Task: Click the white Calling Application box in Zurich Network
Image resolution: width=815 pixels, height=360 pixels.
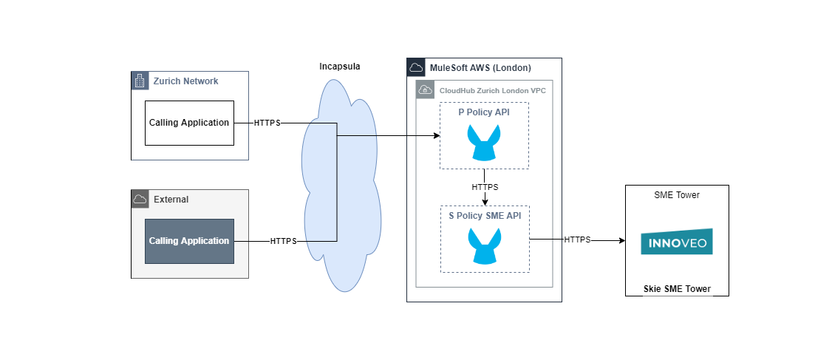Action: (x=189, y=123)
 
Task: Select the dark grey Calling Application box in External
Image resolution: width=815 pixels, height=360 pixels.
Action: (x=189, y=241)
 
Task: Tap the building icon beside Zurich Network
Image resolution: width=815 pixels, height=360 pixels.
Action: (x=140, y=81)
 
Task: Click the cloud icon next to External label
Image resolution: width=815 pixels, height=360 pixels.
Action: (x=140, y=199)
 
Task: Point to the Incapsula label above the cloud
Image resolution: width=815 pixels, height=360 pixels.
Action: (x=339, y=67)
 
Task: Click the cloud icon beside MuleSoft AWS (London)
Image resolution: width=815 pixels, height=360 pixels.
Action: (x=416, y=67)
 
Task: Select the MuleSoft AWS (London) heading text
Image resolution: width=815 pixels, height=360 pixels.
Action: (x=480, y=68)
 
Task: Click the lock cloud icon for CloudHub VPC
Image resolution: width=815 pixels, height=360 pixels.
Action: (x=425, y=90)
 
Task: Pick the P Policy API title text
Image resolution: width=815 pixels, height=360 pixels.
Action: (x=484, y=112)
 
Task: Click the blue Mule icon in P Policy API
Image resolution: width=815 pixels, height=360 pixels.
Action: (x=484, y=143)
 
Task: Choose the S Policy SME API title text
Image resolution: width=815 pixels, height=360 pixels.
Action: (x=485, y=216)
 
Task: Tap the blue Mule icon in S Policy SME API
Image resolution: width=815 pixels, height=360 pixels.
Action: (x=485, y=246)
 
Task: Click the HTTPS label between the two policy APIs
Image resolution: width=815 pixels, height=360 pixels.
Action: (x=485, y=187)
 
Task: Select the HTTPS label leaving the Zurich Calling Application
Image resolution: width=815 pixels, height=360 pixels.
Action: (x=267, y=123)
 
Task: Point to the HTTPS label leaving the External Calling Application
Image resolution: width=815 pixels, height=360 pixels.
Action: (x=283, y=241)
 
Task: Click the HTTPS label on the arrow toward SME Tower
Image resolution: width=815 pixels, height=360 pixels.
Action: (x=577, y=240)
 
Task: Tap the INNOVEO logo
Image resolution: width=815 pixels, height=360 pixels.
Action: (x=676, y=242)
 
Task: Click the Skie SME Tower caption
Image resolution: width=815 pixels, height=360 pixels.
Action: (x=676, y=289)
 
